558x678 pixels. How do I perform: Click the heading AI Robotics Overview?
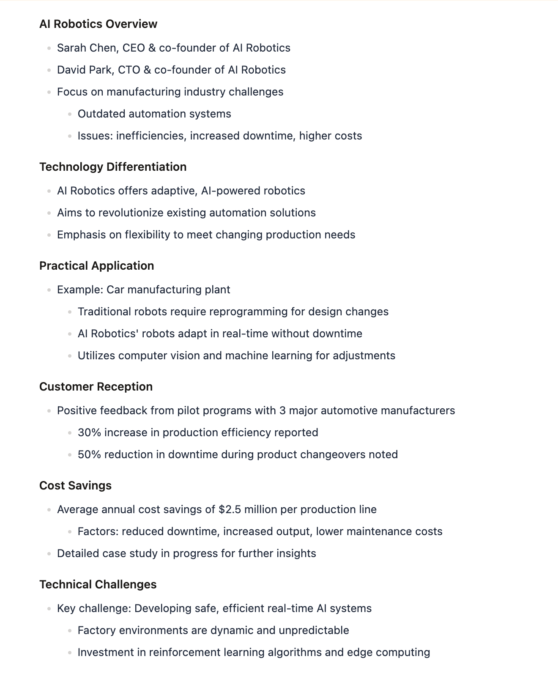tap(98, 24)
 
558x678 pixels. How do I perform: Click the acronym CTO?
tap(129, 70)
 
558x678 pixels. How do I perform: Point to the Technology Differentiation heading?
tap(113, 167)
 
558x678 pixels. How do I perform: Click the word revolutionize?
tap(131, 213)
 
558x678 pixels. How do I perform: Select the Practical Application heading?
tap(96, 266)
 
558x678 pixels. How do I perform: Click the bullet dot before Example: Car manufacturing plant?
tap(49, 290)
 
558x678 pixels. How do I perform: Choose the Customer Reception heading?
tap(96, 387)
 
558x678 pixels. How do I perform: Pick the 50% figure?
tap(89, 454)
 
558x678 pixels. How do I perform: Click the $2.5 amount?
tap(230, 509)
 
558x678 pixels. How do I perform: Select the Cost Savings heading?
tap(75, 486)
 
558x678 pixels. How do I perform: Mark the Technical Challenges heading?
tap(98, 585)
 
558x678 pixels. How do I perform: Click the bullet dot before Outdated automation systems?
tap(70, 114)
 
